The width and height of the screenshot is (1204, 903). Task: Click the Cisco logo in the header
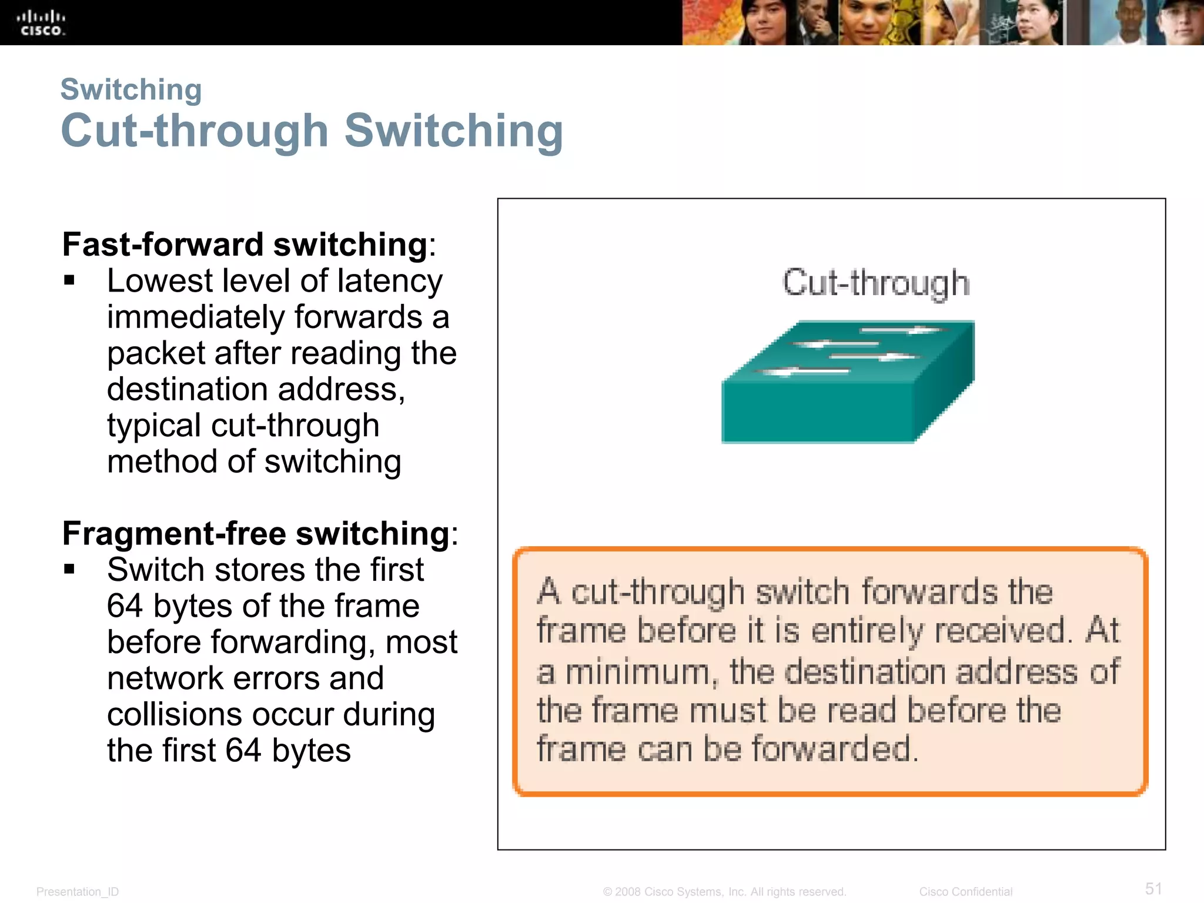[x=41, y=23]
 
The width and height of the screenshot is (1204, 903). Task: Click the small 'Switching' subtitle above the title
[x=131, y=90]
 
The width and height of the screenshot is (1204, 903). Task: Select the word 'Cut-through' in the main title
[x=194, y=131]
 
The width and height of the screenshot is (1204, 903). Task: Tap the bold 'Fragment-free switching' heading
[x=256, y=533]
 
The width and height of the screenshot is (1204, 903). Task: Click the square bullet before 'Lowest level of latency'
[x=70, y=280]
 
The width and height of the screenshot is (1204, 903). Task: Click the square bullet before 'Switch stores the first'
[x=70, y=569]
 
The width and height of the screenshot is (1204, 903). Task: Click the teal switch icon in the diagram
[x=847, y=382]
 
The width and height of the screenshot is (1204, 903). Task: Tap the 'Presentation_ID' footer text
[x=78, y=891]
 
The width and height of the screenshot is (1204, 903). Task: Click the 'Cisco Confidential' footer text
[x=965, y=891]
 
